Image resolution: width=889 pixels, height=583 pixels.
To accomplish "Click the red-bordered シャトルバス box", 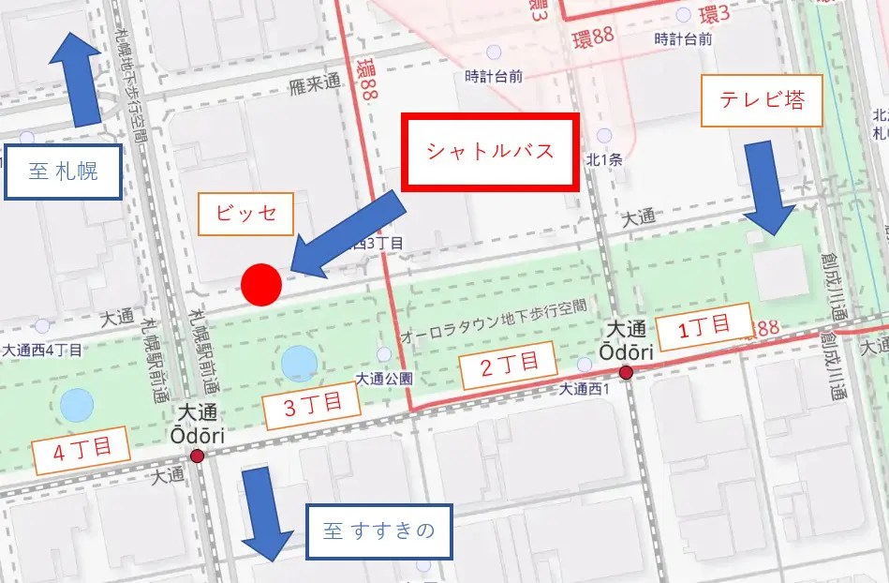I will pyautogui.click(x=491, y=152).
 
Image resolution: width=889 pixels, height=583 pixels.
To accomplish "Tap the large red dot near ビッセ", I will pyautogui.click(x=261, y=285).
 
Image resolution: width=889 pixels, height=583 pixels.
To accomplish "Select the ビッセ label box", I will pyautogui.click(x=246, y=215).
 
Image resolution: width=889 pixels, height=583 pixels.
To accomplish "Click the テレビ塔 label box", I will pyautogui.click(x=762, y=101).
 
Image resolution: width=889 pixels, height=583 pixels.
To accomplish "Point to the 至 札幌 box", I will pyautogui.click(x=63, y=172).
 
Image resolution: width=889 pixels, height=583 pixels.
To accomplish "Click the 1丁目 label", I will pyautogui.click(x=704, y=328).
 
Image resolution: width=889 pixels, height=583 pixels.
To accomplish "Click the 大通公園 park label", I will pyautogui.click(x=384, y=379).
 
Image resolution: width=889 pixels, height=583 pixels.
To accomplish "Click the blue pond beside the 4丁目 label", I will pyautogui.click(x=77, y=405).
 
